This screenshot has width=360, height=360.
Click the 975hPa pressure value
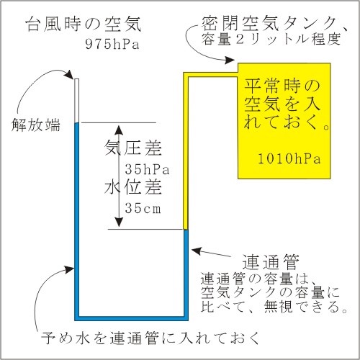coord(112,44)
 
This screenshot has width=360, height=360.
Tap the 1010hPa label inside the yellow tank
coord(289,159)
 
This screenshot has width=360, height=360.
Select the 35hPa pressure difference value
coord(147,169)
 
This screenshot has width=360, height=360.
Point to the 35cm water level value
coord(143,208)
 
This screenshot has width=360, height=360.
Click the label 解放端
coord(36,125)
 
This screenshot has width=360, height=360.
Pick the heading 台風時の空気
coord(84,24)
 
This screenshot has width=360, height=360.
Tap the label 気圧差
coord(133,148)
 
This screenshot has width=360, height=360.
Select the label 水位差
coord(133,187)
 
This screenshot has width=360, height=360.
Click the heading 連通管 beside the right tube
coord(271,262)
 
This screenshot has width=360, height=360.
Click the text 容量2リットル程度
coord(271,39)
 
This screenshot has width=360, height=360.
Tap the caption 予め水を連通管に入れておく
coord(150,338)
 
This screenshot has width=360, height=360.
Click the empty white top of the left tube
coord(77,101)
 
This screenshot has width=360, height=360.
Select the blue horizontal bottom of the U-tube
coord(131,318)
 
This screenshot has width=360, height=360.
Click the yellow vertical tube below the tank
coord(186,151)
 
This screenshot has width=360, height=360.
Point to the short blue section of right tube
coord(186,273)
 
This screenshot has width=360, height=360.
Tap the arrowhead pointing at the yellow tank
coord(229,60)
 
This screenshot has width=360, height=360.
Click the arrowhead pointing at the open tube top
coord(70,74)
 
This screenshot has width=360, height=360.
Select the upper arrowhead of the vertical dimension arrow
coord(119,129)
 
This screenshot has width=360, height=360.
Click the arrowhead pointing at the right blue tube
coord(197,251)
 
